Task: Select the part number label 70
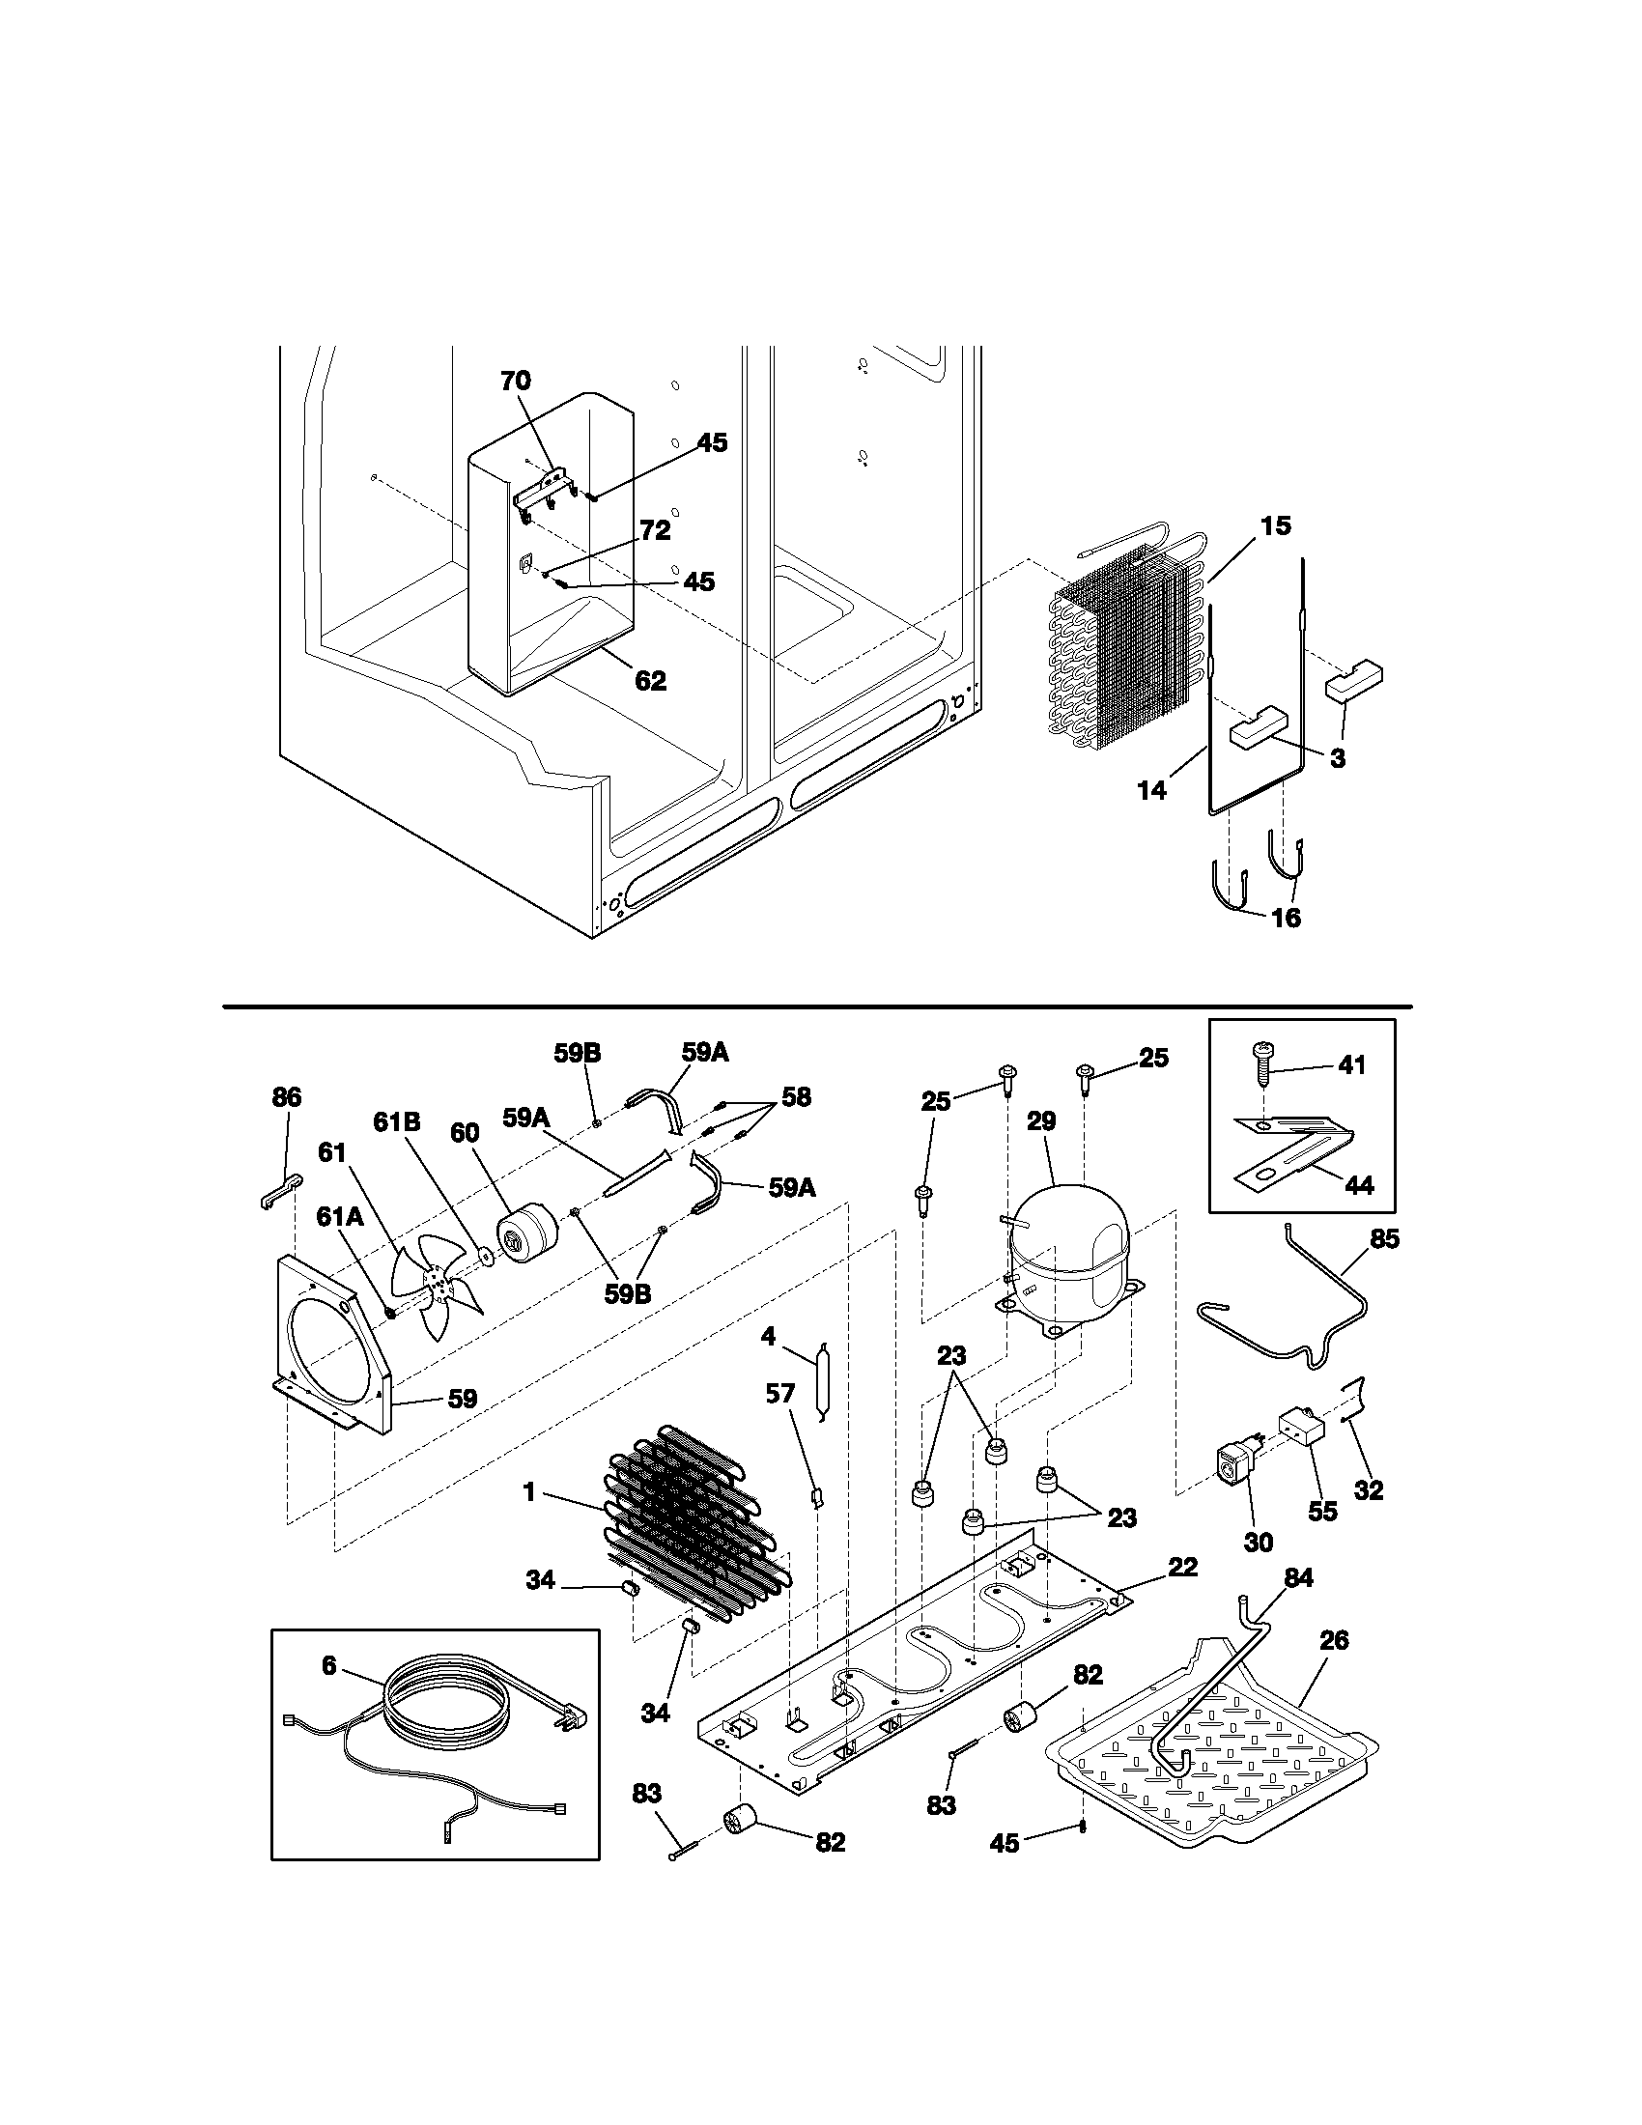pyautogui.click(x=516, y=382)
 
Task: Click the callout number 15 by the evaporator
pyautogui.click(x=1275, y=526)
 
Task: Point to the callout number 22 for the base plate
pyautogui.click(x=1183, y=1567)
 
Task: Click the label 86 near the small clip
pyautogui.click(x=286, y=1097)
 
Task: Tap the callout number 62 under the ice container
pyautogui.click(x=650, y=681)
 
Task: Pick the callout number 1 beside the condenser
pyautogui.click(x=529, y=1491)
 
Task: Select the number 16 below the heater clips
pyautogui.click(x=1286, y=918)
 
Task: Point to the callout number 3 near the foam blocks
pyautogui.click(x=1338, y=759)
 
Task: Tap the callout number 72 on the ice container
pyautogui.click(x=655, y=530)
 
